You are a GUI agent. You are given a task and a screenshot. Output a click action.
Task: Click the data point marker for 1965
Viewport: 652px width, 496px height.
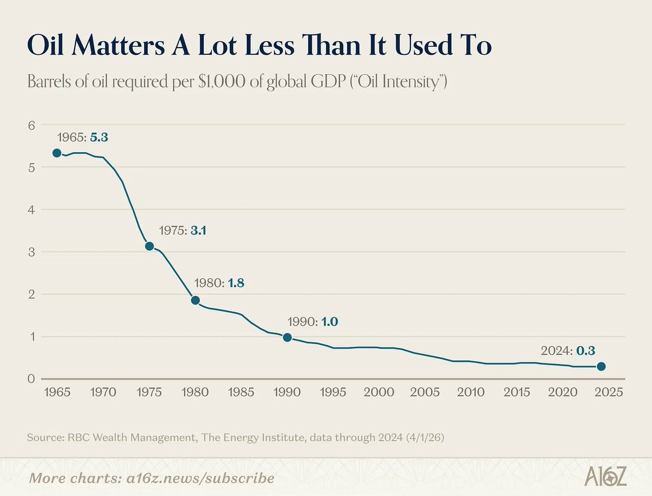(x=57, y=153)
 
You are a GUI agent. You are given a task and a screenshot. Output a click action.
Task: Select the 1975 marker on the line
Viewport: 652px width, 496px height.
(x=149, y=246)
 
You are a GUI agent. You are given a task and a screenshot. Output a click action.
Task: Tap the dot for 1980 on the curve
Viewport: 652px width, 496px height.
(x=196, y=300)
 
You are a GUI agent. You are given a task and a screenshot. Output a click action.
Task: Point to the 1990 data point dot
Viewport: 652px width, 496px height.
(x=287, y=337)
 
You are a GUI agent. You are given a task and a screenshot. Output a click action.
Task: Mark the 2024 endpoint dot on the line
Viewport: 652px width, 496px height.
(x=601, y=367)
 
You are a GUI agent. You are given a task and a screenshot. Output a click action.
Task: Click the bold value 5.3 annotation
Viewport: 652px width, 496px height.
(x=99, y=137)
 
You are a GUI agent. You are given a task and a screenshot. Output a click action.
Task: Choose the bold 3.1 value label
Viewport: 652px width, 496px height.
(x=198, y=230)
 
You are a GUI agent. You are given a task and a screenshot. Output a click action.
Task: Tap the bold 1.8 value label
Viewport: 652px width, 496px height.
(x=236, y=282)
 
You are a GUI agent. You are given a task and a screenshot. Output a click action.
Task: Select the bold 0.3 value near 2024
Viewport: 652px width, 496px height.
(x=586, y=351)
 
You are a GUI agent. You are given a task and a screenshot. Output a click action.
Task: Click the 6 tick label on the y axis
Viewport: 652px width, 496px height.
(x=32, y=125)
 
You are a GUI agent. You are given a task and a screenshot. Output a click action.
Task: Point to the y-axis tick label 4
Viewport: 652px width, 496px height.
(x=32, y=210)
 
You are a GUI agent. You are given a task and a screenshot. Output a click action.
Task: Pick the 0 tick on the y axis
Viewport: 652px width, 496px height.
(x=31, y=379)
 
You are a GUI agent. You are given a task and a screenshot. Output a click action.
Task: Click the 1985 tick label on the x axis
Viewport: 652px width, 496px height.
(x=241, y=392)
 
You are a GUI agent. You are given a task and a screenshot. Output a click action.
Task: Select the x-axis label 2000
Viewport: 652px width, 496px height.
(x=379, y=392)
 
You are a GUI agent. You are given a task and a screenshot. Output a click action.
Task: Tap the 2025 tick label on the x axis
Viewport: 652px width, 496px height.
(x=609, y=392)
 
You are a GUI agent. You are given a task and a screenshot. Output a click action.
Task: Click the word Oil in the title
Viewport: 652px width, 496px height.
(x=45, y=45)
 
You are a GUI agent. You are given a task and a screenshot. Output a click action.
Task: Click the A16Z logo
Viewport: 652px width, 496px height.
(x=606, y=476)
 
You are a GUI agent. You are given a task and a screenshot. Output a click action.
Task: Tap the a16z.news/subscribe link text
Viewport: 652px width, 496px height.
(x=200, y=478)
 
